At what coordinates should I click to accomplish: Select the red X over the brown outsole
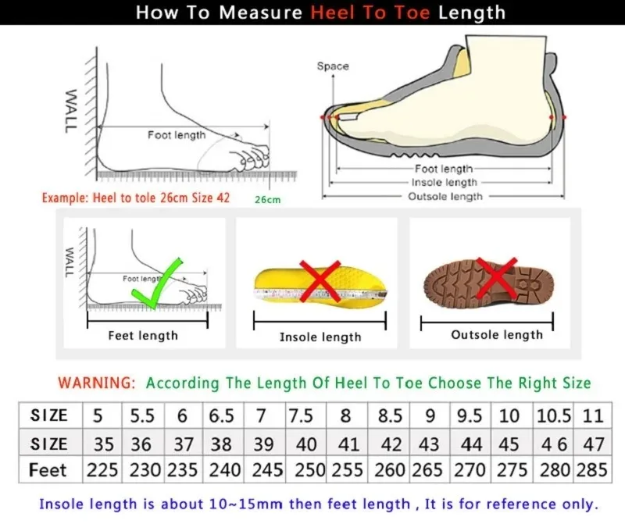(495, 279)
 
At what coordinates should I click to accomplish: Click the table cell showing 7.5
(302, 415)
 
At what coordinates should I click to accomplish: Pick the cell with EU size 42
(390, 444)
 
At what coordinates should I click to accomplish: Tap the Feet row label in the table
(48, 471)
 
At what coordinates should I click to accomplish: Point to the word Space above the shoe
(333, 66)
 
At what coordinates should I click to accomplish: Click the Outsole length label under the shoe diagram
(445, 197)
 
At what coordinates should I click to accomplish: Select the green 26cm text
(267, 200)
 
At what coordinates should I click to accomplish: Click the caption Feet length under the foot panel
(143, 336)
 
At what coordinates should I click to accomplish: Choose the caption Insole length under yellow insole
(320, 337)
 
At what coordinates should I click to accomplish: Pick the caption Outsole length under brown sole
(497, 335)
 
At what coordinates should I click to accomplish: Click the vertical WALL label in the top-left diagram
(70, 110)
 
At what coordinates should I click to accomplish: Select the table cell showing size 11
(593, 415)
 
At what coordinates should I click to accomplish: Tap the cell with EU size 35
(103, 444)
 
